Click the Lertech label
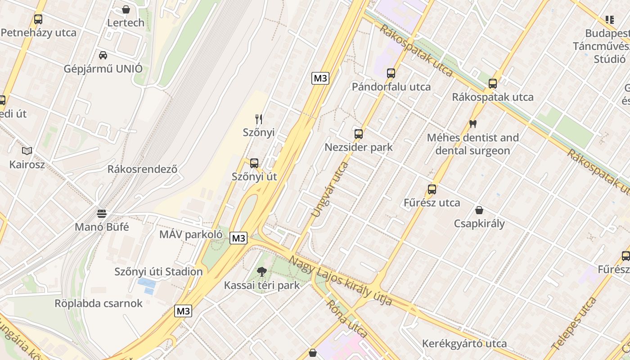tap(126, 22)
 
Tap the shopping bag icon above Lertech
tap(126, 9)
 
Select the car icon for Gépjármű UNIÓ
tap(103, 55)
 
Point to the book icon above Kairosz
tap(27, 151)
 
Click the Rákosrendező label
tap(142, 169)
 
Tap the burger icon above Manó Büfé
tap(102, 213)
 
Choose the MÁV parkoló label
tap(191, 234)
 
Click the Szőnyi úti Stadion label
tap(158, 272)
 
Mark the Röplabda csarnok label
tap(99, 303)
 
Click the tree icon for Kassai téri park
tap(261, 272)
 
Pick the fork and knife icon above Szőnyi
tap(259, 119)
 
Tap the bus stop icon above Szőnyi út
tap(254, 163)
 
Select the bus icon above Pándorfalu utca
tap(391, 73)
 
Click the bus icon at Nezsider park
tap(359, 134)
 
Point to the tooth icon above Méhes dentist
tap(472, 124)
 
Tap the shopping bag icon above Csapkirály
tap(479, 210)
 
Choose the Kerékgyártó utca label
tap(464, 344)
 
